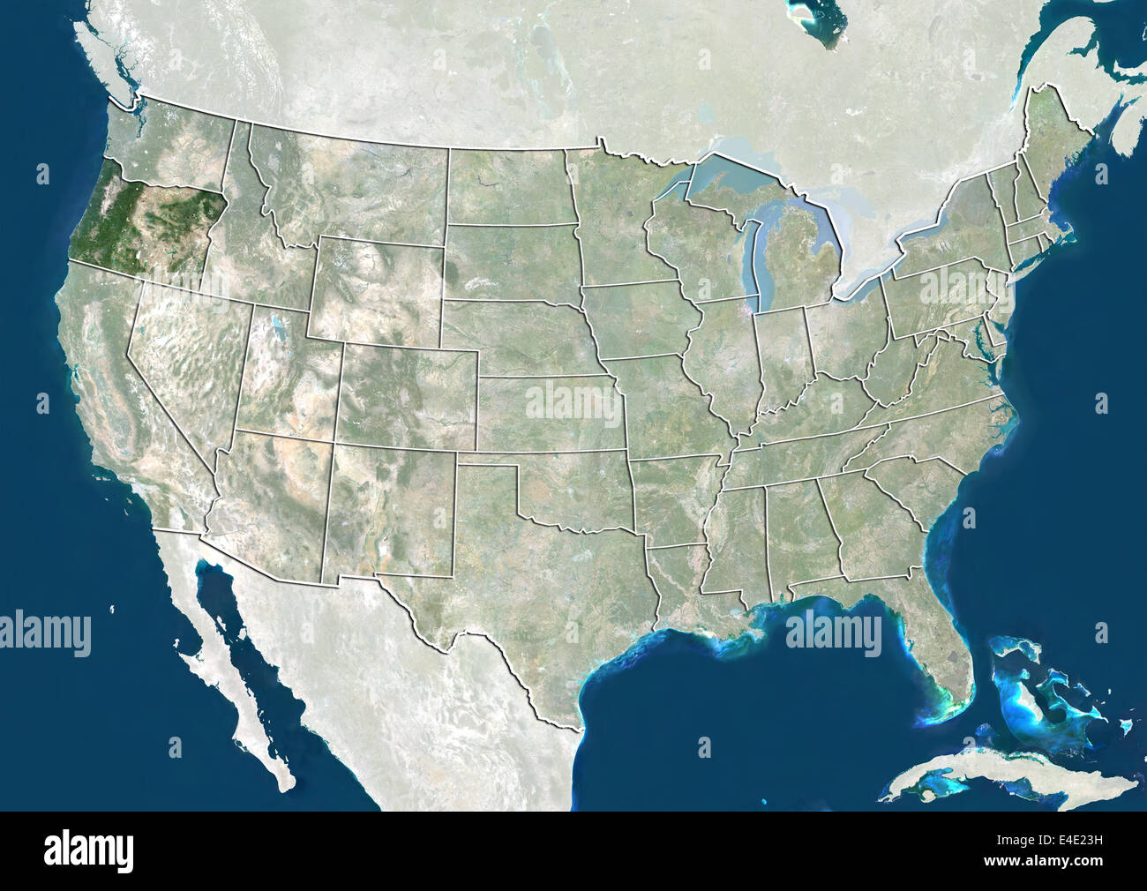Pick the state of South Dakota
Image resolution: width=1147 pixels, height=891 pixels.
[512, 260]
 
